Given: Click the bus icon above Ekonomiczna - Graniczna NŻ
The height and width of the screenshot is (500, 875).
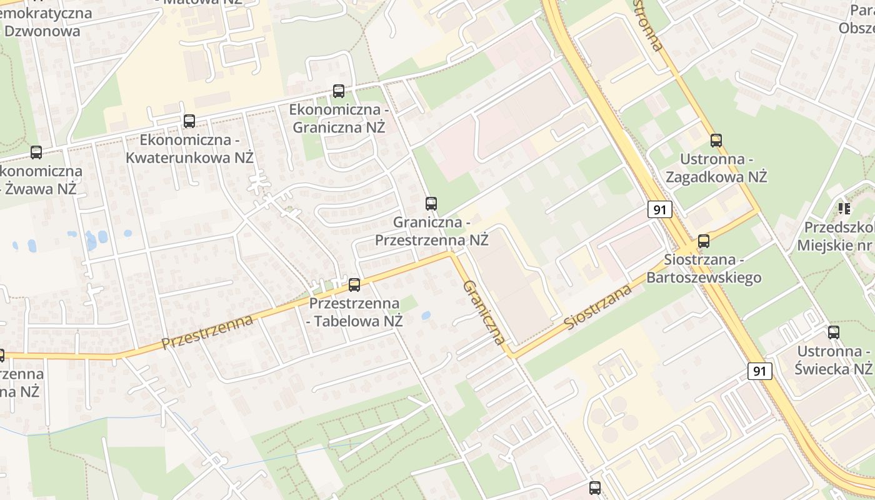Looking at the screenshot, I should [339, 91].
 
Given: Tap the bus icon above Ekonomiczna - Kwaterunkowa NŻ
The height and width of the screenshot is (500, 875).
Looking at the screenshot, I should [189, 121].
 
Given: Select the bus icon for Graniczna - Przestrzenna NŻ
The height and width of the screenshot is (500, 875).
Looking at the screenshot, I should [431, 203].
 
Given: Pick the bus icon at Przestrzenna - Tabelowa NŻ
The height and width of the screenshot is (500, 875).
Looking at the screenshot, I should [354, 285].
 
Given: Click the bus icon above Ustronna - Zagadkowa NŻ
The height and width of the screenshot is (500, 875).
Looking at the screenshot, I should [716, 141].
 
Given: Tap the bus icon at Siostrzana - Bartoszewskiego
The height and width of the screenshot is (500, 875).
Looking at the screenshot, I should [704, 241].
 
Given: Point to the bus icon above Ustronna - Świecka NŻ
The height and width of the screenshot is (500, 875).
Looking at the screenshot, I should [834, 332].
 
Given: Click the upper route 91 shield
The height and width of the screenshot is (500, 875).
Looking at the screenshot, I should [660, 209].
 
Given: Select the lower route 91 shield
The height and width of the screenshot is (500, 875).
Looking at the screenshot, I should [759, 371].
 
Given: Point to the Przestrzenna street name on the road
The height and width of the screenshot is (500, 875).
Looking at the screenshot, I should [207, 332].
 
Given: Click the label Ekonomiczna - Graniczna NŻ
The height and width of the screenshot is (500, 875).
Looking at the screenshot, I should [337, 119].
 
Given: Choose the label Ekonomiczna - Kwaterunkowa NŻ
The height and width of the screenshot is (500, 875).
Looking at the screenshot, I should [189, 149].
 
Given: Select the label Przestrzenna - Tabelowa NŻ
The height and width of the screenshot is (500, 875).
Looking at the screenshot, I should [354, 312].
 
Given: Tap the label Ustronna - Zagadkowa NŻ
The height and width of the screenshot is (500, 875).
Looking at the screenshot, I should [716, 167].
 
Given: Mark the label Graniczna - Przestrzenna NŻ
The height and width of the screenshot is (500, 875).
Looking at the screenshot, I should [431, 231].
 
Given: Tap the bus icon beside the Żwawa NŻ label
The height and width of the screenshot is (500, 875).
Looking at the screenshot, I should [36, 152].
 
